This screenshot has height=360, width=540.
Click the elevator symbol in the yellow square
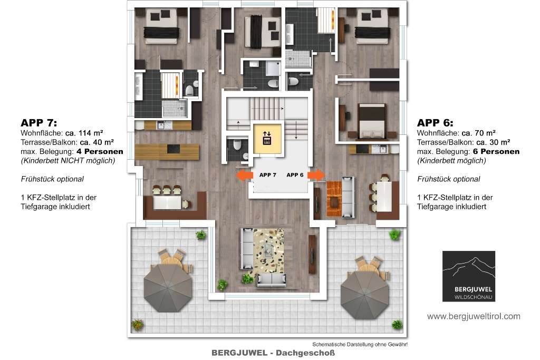point(267,138)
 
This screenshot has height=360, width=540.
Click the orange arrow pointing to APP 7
point(244,174)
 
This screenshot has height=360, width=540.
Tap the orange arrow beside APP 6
point(316,175)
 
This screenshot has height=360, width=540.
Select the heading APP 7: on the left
point(39,123)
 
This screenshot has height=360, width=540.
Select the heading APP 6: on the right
point(435,123)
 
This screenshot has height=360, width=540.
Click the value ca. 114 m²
point(84,133)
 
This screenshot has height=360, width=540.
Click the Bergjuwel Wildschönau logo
point(469,276)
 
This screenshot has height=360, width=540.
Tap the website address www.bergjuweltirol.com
point(474,316)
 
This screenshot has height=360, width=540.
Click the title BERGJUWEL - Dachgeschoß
point(273,353)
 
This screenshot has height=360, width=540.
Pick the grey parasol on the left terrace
point(168,287)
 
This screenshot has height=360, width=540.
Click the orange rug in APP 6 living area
point(334,199)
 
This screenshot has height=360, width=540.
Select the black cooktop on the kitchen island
point(173,149)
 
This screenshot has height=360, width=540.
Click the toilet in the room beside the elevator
point(237,145)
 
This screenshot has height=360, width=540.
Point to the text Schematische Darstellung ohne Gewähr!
point(360,344)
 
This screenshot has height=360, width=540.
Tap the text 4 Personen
point(100,151)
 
